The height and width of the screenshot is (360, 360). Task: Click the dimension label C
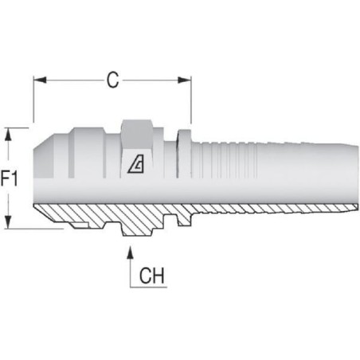coord(112,80)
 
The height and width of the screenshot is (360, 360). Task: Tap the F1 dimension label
coord(9,178)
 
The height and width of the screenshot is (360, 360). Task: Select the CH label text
coord(151,276)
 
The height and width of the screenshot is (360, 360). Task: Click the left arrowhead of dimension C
coord(40,80)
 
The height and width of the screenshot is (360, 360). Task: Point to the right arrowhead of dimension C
coord(184,80)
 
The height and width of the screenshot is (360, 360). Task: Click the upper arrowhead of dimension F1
coord(9,135)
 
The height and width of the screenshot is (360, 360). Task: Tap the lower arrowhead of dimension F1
coord(9,221)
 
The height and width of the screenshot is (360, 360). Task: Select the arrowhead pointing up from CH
coord(130,252)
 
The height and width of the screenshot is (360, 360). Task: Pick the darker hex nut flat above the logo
coord(137,134)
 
